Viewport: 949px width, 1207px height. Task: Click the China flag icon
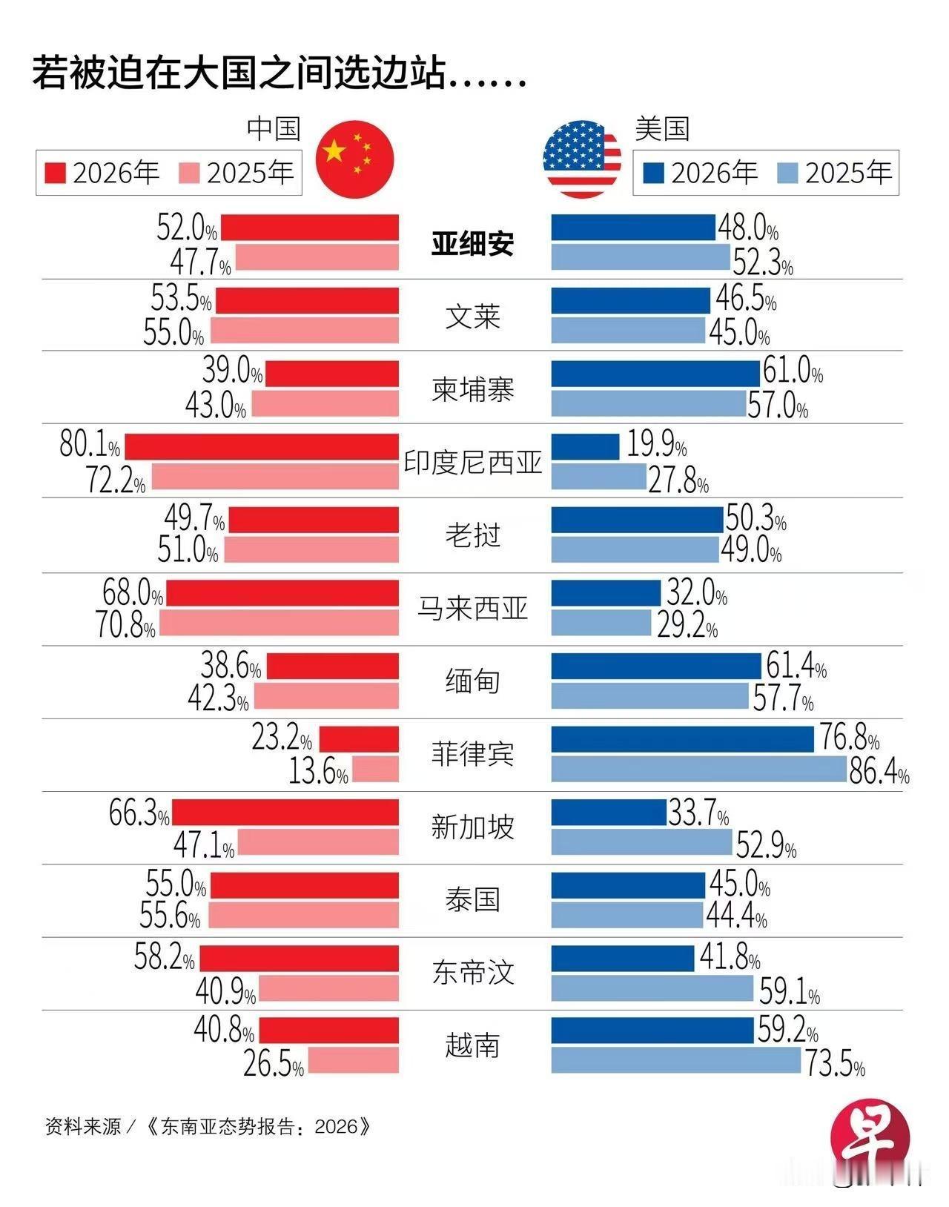[x=354, y=158]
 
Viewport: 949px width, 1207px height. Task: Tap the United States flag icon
[x=582, y=158]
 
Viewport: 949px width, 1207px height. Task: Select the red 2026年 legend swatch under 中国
[x=56, y=173]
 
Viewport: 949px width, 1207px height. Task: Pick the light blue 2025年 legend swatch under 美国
[x=788, y=173]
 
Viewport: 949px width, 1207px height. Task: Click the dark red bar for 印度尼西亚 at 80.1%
[x=262, y=447]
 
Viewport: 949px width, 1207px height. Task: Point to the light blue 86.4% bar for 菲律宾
[x=698, y=769]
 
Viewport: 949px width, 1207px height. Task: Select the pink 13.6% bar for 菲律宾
[x=375, y=770]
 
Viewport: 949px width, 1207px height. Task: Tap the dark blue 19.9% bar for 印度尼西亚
[x=585, y=447]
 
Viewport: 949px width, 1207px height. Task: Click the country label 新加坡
[x=473, y=827]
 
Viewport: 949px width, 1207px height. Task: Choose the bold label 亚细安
[x=473, y=243]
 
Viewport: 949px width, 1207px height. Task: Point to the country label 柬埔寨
[x=473, y=390]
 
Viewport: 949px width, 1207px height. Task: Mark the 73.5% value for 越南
[x=835, y=1065]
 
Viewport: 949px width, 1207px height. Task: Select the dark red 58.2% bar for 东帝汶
[x=300, y=959]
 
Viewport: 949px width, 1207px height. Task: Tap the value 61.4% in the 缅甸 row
[x=796, y=667]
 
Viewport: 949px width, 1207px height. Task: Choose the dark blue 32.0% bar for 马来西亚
[x=606, y=593]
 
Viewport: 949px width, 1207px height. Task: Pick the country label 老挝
[x=473, y=535]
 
